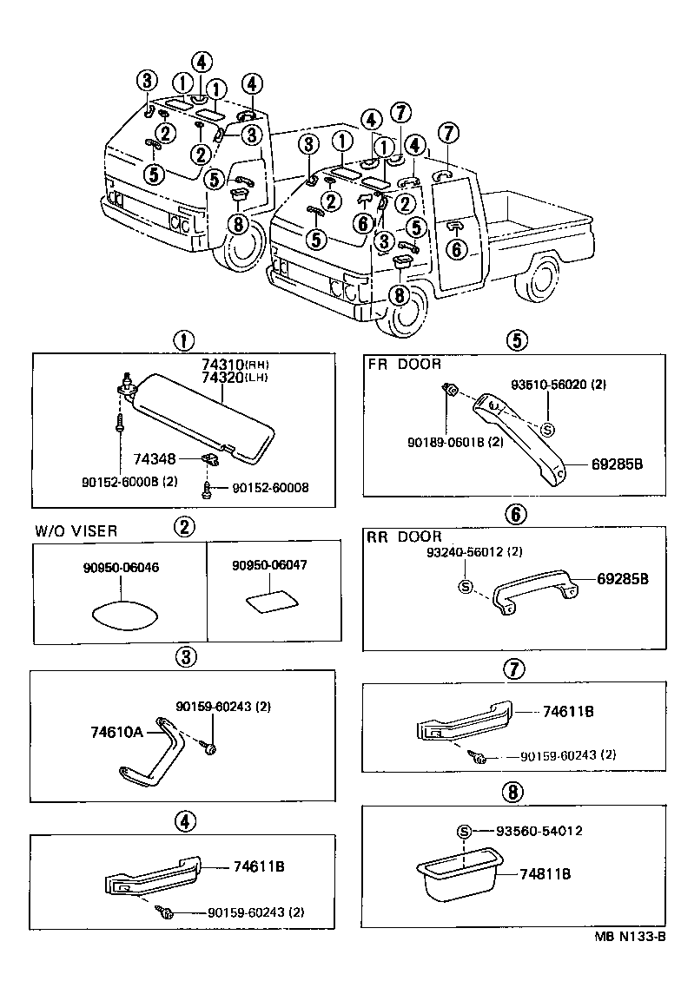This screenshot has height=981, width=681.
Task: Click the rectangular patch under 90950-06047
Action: [268, 602]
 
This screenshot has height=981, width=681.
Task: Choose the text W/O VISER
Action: [76, 531]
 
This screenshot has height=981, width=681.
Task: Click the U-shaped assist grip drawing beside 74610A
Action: [161, 749]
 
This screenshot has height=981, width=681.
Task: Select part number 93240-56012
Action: [474, 552]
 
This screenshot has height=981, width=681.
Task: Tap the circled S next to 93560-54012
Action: [464, 832]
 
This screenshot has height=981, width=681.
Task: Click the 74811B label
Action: [545, 874]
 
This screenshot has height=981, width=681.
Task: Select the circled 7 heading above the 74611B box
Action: [514, 668]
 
